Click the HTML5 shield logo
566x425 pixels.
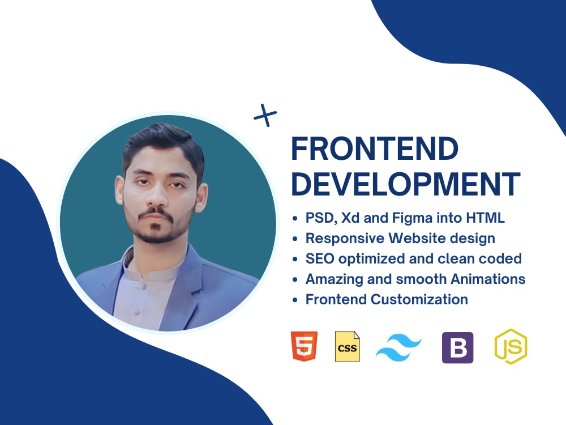click(x=304, y=346)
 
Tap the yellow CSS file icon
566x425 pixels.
click(x=347, y=346)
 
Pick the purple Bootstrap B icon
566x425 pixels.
click(x=457, y=347)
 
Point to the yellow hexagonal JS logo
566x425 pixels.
click(x=511, y=346)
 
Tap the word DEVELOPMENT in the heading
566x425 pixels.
click(x=405, y=184)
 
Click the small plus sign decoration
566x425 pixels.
click(x=265, y=116)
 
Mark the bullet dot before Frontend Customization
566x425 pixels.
click(x=295, y=300)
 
